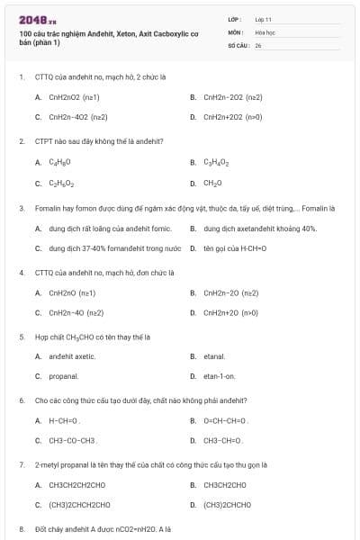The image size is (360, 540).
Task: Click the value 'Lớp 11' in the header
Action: coord(263,18)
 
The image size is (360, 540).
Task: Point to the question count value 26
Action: coord(258,44)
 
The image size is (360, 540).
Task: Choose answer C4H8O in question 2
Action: coord(59,162)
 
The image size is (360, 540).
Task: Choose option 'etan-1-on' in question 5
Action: coord(219,376)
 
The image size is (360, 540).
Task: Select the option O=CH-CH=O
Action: coord(225,420)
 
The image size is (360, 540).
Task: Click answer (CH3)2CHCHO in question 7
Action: coord(227,504)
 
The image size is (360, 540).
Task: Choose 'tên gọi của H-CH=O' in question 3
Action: coord(235,247)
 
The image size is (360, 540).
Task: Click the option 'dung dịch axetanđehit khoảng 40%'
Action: coord(260,229)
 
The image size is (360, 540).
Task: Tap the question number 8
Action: coord(21,529)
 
